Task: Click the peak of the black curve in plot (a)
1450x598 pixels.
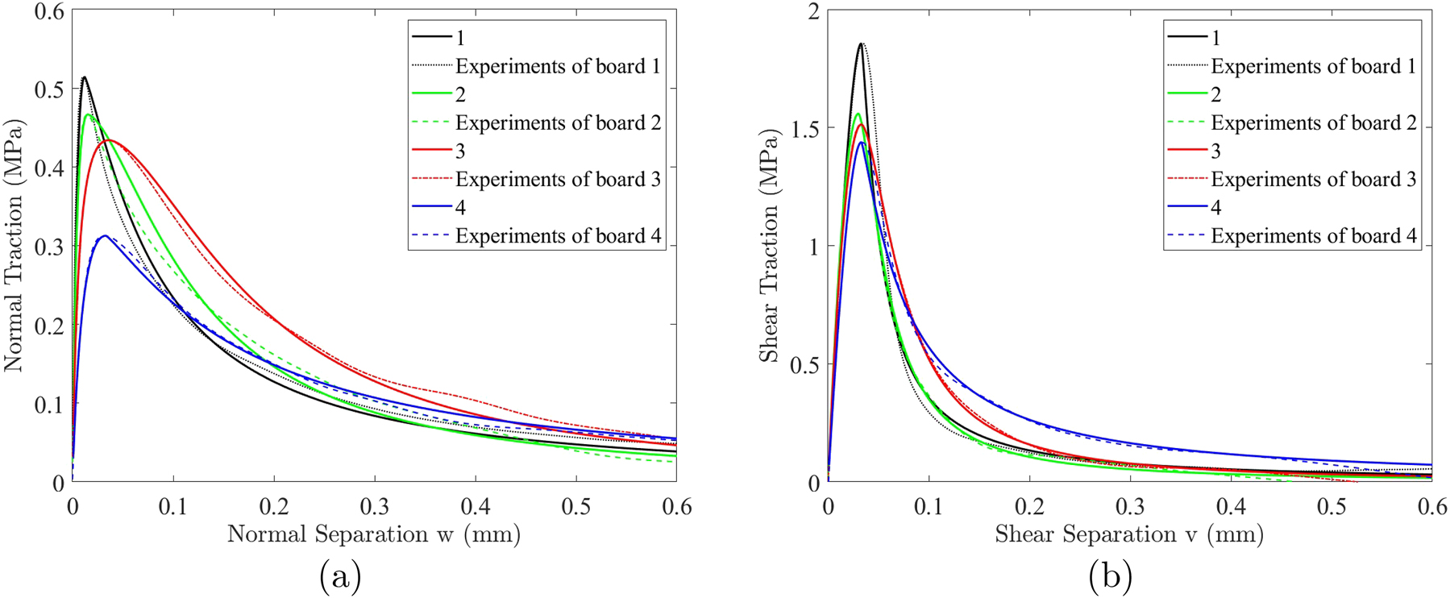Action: [84, 77]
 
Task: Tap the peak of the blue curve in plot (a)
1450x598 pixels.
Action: [105, 236]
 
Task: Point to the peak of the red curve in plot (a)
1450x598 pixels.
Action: [109, 140]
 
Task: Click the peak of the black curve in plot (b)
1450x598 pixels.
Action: [861, 44]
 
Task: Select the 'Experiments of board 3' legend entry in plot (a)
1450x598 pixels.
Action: [557, 179]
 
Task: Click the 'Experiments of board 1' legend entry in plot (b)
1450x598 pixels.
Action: [1312, 66]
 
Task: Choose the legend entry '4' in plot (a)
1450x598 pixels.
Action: [460, 207]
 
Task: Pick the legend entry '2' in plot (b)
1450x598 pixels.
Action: [1215, 94]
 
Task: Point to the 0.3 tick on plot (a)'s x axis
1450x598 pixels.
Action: [374, 506]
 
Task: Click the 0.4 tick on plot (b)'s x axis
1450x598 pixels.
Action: [1230, 506]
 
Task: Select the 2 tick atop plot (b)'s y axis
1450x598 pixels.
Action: [812, 11]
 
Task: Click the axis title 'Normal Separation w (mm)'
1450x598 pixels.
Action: [373, 534]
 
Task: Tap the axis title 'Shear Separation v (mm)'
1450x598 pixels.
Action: [1128, 534]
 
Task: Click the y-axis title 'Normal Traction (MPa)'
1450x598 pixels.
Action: [14, 246]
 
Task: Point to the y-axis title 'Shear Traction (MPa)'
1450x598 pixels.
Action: [770, 246]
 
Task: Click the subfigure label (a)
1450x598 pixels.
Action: [340, 577]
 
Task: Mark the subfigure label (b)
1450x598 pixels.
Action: [1111, 577]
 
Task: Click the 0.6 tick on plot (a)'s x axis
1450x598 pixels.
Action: [675, 506]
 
